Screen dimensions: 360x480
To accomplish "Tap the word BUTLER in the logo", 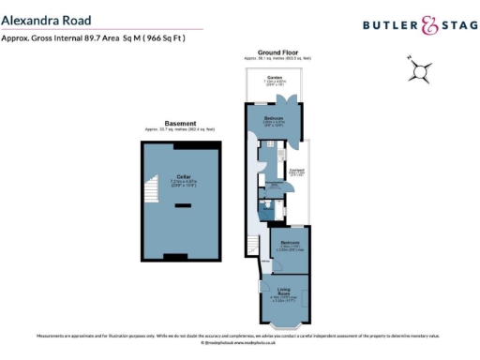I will (388, 27).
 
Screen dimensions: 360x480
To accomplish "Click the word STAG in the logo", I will (458, 27).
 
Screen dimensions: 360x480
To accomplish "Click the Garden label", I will (274, 78).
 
